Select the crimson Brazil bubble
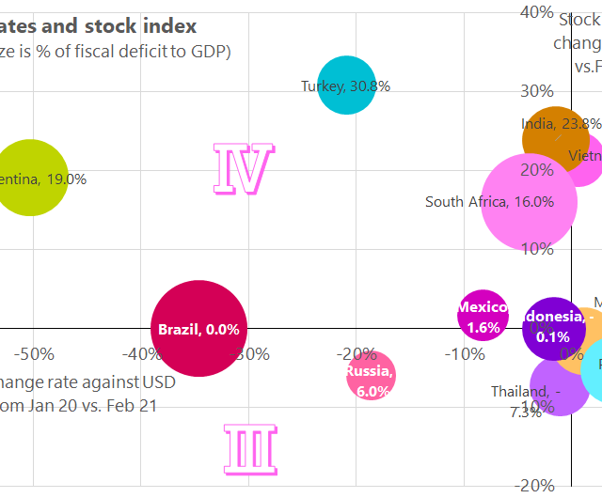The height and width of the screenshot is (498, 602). tap(198, 328)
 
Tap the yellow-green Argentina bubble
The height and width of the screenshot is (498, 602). tap(32, 179)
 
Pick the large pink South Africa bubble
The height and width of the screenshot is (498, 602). tap(530, 202)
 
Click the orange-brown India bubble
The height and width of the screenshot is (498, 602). tap(556, 139)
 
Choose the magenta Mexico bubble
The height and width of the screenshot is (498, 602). tap(483, 317)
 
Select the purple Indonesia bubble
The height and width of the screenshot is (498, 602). tap(554, 328)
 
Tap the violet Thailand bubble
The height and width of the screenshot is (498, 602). tap(559, 386)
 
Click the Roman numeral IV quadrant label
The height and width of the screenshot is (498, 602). tap(244, 170)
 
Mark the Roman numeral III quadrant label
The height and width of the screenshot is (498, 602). tap(251, 448)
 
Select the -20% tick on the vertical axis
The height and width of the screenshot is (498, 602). tap(536, 485)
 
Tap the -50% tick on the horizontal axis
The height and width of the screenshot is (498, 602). tap(34, 354)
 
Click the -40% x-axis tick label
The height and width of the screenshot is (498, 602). tap(140, 354)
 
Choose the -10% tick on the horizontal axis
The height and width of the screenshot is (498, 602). tap(462, 354)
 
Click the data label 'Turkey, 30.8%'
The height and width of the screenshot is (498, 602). tap(345, 86)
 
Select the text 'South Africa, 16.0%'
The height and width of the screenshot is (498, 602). tap(489, 201)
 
